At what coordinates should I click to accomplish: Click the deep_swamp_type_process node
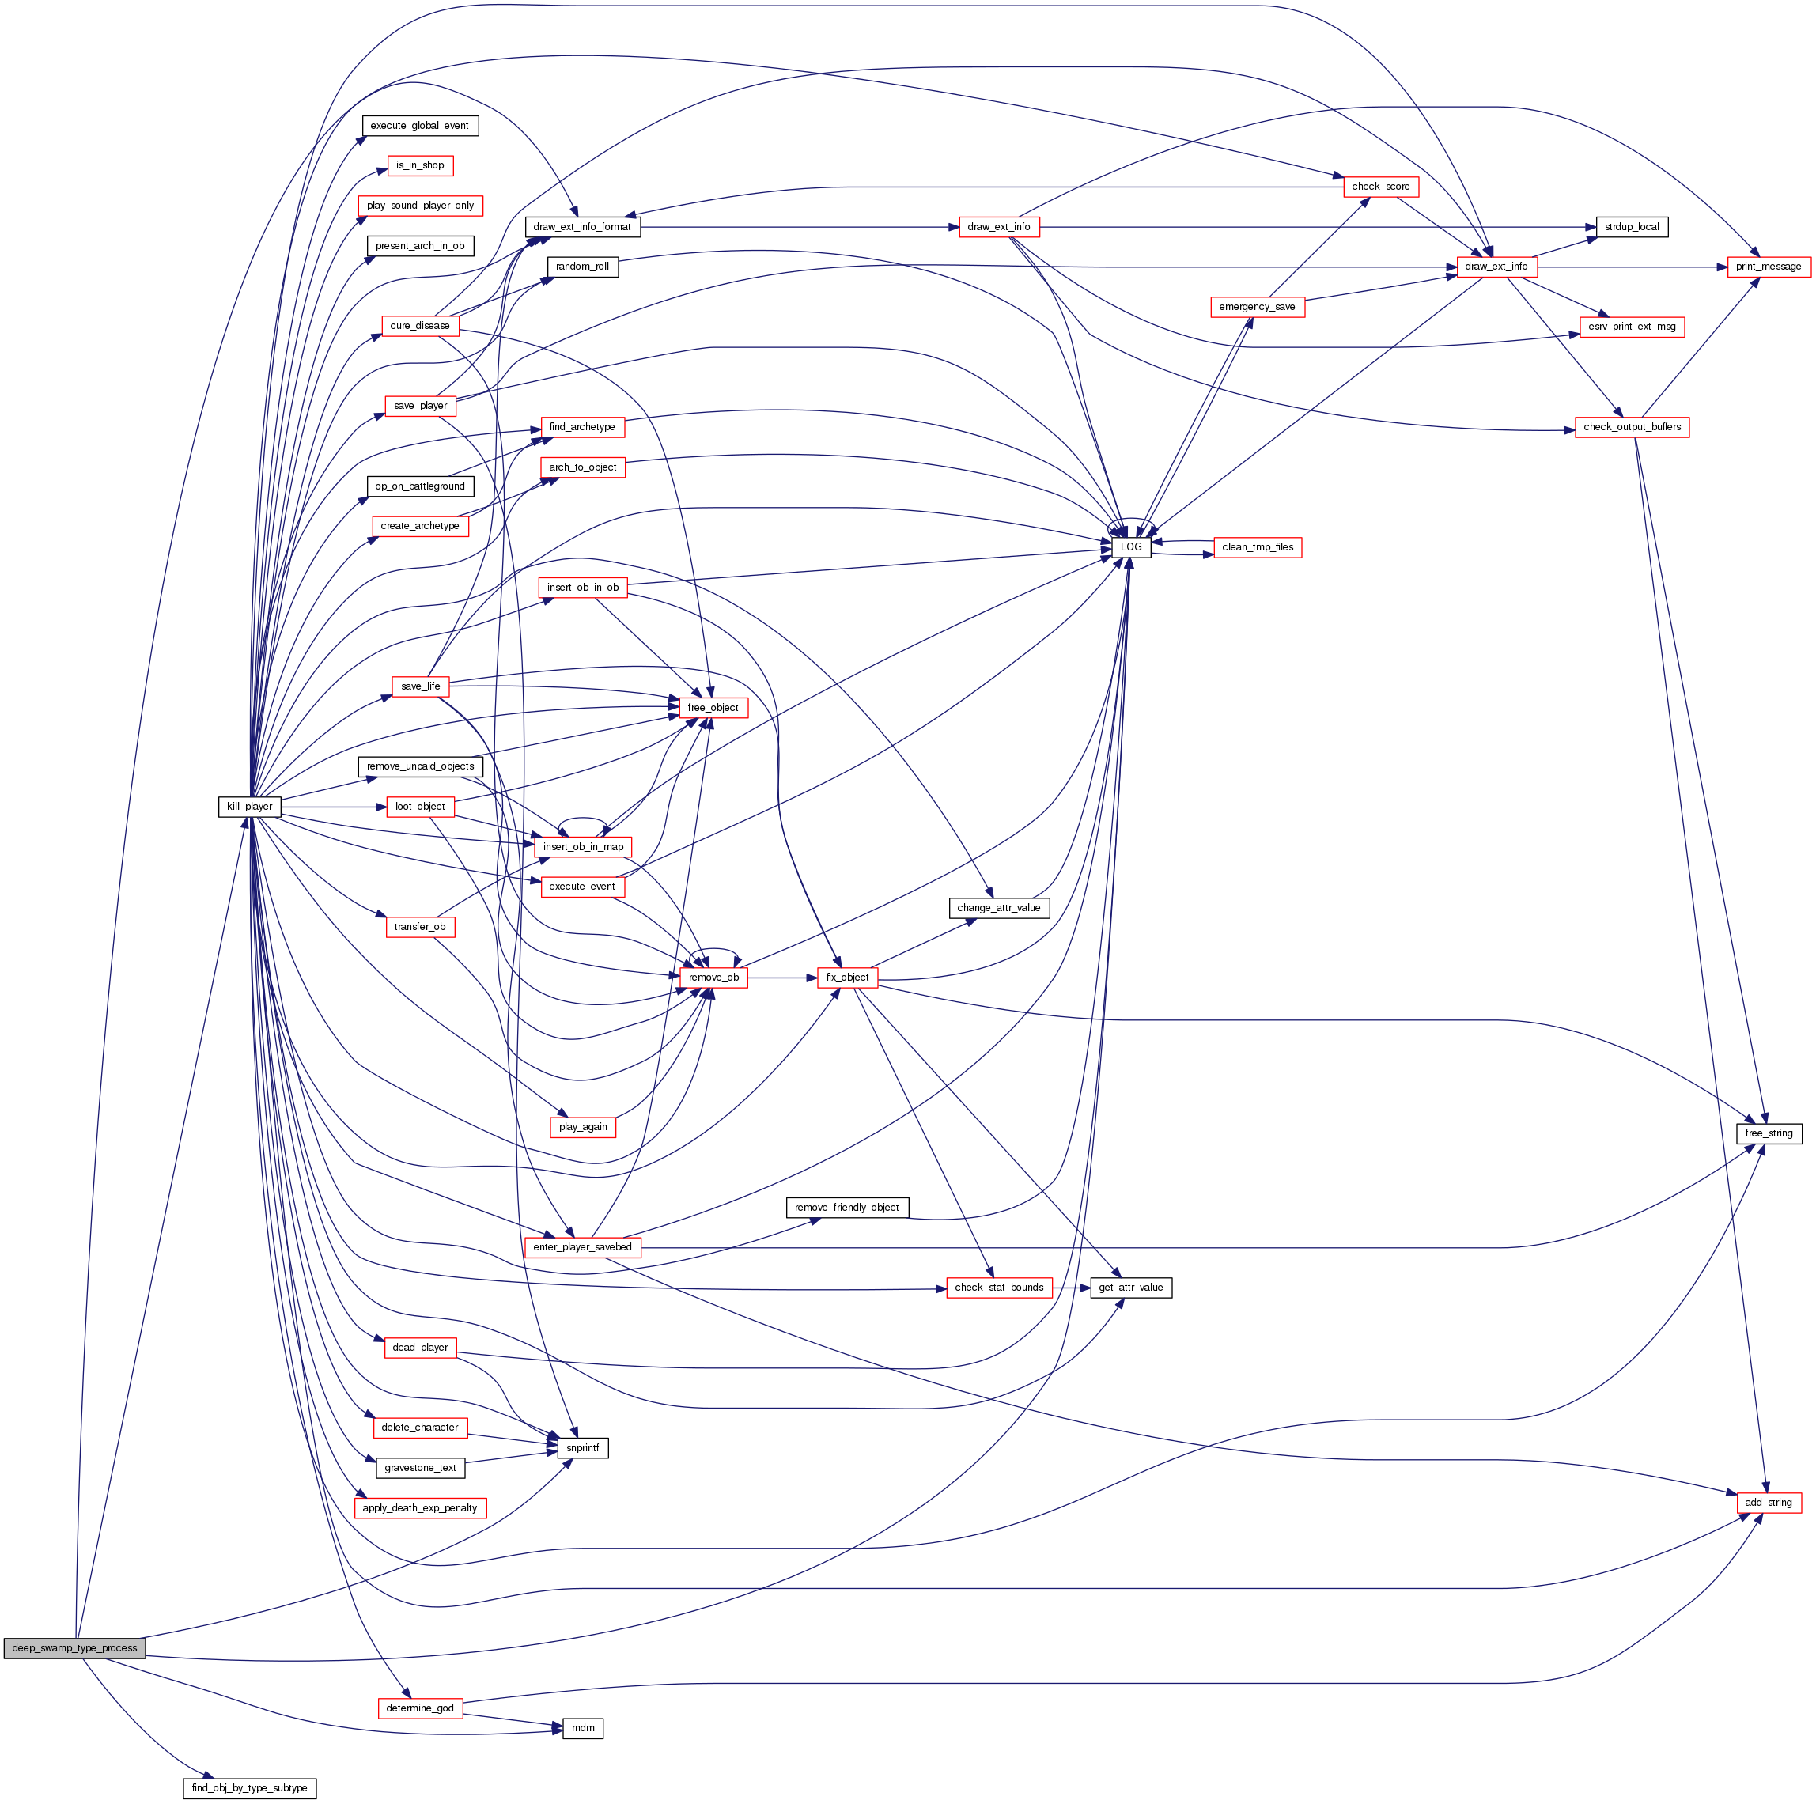pyautogui.click(x=74, y=1648)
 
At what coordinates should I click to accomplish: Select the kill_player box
pyautogui.click(x=249, y=807)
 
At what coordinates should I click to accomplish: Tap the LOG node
pyautogui.click(x=1131, y=547)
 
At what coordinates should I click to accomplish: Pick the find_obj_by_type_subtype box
pyautogui.click(x=249, y=1788)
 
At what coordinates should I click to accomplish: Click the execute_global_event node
pyautogui.click(x=419, y=126)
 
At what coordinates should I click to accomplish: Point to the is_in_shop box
pyautogui.click(x=419, y=165)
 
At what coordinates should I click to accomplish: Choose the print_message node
pyautogui.click(x=1768, y=267)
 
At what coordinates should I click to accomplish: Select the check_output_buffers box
pyautogui.click(x=1632, y=427)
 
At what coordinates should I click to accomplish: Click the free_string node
pyautogui.click(x=1768, y=1133)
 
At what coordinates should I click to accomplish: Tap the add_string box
pyautogui.click(x=1768, y=1502)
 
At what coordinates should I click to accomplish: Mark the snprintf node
pyautogui.click(x=583, y=1449)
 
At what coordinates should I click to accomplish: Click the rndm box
pyautogui.click(x=583, y=1728)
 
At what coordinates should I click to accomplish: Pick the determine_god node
pyautogui.click(x=419, y=1708)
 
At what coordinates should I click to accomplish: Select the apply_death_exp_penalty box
pyautogui.click(x=419, y=1508)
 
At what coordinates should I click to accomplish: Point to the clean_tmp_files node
pyautogui.click(x=1258, y=547)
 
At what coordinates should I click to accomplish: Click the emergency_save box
pyautogui.click(x=1257, y=308)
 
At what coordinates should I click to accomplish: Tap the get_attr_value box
pyautogui.click(x=1131, y=1288)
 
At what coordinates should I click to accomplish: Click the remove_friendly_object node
pyautogui.click(x=846, y=1208)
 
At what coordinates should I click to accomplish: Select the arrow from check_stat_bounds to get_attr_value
pyautogui.click(x=1071, y=1288)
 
